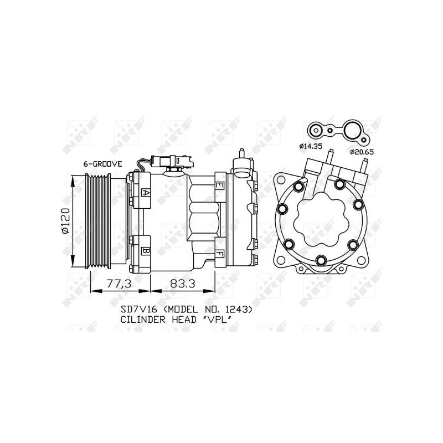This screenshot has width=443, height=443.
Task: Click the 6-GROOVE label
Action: tap(102, 164)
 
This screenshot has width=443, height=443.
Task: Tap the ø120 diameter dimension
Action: tap(65, 221)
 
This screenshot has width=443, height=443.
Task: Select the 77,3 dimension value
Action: tap(119, 284)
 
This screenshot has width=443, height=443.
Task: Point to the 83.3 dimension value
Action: tap(183, 284)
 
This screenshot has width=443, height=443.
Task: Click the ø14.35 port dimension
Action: tap(311, 146)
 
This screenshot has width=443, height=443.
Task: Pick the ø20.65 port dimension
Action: tap(362, 152)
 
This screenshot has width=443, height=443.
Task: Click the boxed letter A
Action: tap(146, 192)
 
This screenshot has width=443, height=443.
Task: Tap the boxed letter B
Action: tap(146, 251)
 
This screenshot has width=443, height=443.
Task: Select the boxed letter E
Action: tap(219, 186)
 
